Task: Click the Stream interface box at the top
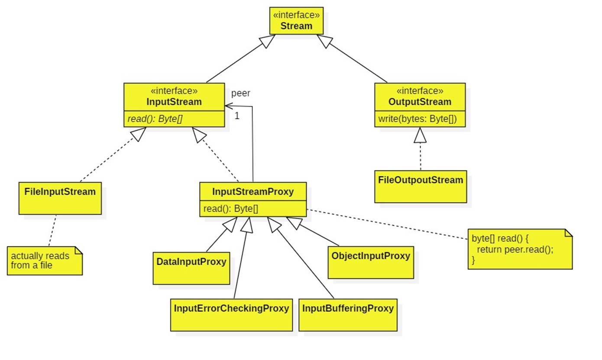coord(296,21)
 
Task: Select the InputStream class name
coord(174,102)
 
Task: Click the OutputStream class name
coord(420,102)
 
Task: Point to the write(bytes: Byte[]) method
coord(418,119)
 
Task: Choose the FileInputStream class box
coord(60,198)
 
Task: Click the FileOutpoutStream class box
coord(421,186)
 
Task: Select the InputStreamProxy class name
coord(252,191)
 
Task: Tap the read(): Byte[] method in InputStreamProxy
coord(231,209)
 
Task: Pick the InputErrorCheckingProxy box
coord(231,315)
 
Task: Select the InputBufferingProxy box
coord(348,315)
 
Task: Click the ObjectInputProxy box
coord(371,262)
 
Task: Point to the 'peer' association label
coord(240,93)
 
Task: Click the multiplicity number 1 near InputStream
coord(237,116)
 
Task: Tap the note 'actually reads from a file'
coord(44,260)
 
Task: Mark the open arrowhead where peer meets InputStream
coord(228,106)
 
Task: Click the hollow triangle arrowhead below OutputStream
coord(420,136)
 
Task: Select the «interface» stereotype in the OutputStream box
coord(420,91)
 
